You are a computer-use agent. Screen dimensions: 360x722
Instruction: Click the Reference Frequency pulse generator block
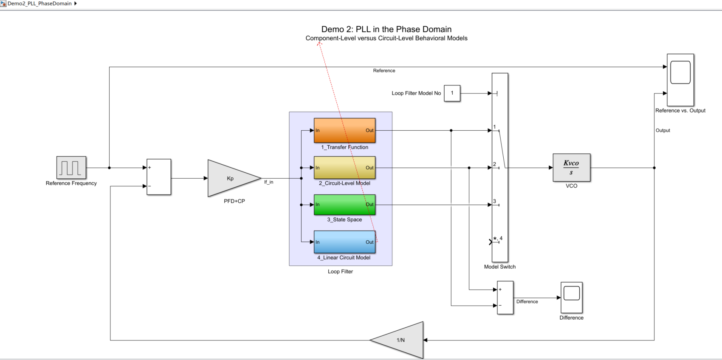pos(71,168)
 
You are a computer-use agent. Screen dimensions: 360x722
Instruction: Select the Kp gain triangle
pos(231,178)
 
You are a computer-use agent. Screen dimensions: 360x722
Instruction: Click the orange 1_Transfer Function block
pos(344,130)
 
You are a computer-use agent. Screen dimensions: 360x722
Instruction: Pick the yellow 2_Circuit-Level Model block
pos(344,168)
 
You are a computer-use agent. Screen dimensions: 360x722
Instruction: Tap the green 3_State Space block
pos(344,205)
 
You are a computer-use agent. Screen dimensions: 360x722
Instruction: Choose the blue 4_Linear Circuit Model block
pos(344,242)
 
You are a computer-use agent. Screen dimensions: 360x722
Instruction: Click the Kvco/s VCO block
pos(571,168)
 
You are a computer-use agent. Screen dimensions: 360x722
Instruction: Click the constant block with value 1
pos(452,93)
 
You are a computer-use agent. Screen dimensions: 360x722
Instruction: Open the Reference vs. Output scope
pos(680,80)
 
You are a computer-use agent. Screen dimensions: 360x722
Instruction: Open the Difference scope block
pos(571,297)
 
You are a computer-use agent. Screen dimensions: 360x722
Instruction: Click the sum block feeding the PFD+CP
pos(159,177)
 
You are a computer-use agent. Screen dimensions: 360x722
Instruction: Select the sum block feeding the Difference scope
pos(505,298)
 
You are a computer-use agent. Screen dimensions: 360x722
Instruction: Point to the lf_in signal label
pos(269,182)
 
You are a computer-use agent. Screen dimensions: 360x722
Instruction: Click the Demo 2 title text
pos(386,29)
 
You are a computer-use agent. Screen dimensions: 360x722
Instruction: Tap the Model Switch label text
pos(499,267)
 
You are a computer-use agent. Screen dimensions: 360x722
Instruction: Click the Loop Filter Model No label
pos(416,93)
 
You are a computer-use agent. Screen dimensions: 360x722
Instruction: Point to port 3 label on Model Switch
pos(494,201)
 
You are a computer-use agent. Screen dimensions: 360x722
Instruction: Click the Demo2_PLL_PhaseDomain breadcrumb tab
pos(39,3)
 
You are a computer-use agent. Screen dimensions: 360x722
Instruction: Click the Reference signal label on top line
pos(384,71)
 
